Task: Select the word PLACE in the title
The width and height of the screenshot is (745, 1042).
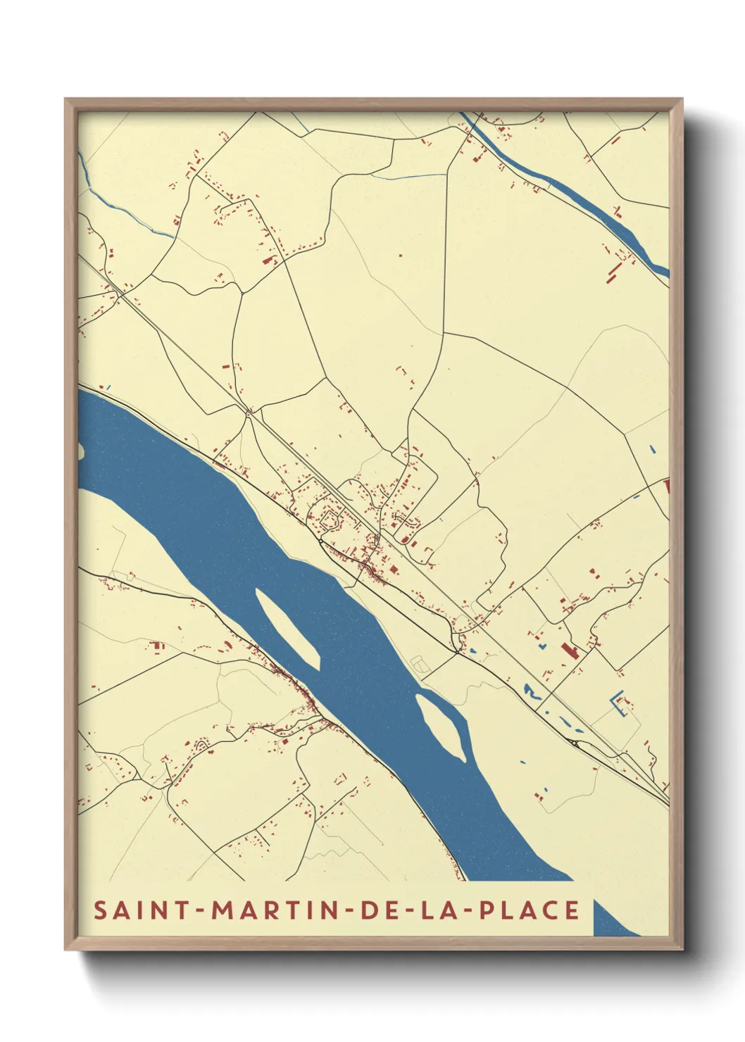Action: (530, 910)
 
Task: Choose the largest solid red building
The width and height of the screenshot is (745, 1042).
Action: (568, 650)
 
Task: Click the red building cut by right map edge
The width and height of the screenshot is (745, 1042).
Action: (666, 486)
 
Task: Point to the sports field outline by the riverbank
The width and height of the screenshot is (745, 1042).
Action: (420, 663)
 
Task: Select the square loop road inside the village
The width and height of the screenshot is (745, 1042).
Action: (330, 520)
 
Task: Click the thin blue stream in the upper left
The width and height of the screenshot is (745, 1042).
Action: (130, 213)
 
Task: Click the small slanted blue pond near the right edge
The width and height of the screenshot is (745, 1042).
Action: (653, 448)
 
